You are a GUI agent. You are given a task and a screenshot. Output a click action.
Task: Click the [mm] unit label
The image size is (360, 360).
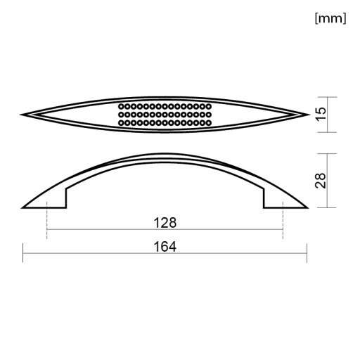330,18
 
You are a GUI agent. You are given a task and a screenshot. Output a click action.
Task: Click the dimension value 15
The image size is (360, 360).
321,114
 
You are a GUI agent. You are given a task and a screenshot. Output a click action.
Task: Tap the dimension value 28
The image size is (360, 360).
321,181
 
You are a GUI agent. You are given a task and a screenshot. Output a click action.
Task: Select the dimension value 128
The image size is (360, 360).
165,223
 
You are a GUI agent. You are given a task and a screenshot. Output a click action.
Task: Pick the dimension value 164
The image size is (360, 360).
165,247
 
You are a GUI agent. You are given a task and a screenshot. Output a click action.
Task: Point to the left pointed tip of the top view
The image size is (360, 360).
20,115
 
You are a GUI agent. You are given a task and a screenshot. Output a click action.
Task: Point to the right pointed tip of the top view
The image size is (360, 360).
309,115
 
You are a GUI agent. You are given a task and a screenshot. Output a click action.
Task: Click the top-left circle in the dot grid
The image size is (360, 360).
121,107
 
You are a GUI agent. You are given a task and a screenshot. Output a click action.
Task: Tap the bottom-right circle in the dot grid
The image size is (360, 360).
208,122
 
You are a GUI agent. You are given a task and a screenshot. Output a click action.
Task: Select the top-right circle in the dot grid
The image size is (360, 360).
208,107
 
